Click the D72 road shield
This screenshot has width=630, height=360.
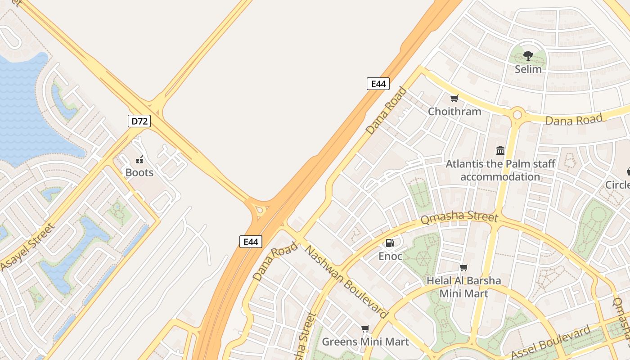point(139,121)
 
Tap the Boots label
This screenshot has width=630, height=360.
point(139,172)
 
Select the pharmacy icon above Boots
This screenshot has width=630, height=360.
point(139,159)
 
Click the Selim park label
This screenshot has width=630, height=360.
point(528,69)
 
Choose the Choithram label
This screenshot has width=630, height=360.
point(454,111)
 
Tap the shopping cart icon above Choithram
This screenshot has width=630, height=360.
point(454,98)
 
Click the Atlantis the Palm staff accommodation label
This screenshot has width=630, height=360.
point(500,170)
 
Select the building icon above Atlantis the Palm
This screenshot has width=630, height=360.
point(500,150)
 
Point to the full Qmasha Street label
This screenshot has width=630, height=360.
point(459,218)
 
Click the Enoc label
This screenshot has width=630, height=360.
point(390,256)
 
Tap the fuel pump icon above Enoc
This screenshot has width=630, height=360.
point(390,243)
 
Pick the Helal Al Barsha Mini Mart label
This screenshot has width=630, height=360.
point(463,287)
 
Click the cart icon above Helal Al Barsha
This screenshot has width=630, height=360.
point(464,267)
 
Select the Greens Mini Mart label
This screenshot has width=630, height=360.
point(365,342)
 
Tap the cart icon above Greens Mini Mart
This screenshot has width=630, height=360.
point(365,329)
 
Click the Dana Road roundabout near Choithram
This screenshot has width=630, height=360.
point(517,114)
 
